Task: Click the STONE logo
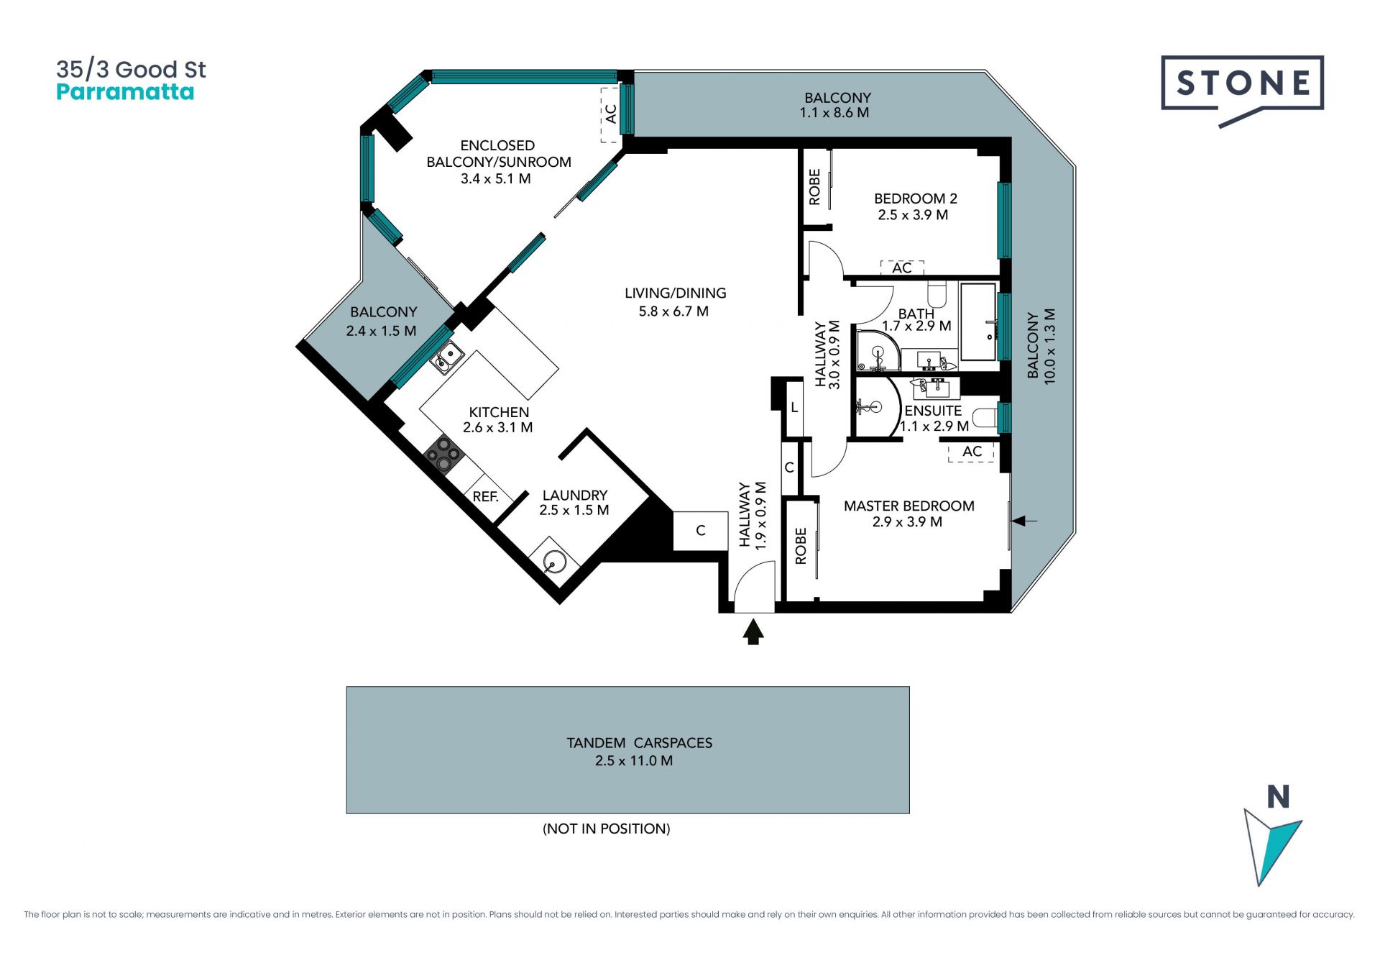tap(1242, 90)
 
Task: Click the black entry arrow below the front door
tap(753, 632)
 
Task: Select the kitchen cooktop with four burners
tap(443, 455)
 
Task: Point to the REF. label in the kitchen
tap(486, 496)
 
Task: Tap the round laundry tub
tap(555, 561)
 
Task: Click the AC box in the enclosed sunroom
tap(611, 114)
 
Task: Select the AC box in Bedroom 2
tap(902, 268)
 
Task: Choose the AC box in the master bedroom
tap(972, 452)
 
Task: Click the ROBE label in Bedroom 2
tap(814, 187)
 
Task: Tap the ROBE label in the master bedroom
tap(801, 546)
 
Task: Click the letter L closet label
tap(794, 408)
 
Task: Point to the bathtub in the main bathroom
tap(978, 321)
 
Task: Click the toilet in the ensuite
tap(985, 417)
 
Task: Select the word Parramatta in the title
tap(125, 92)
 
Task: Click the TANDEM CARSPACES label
tap(640, 743)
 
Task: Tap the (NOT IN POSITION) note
tap(607, 829)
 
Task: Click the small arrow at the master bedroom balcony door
tap(1024, 521)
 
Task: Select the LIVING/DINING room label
tap(676, 293)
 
